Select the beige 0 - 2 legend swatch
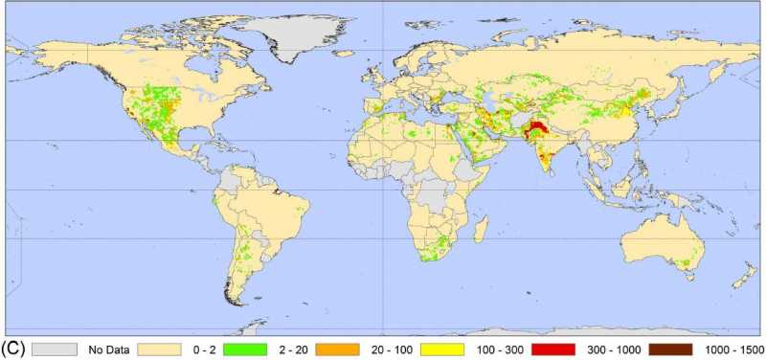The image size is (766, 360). tap(159, 349)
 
